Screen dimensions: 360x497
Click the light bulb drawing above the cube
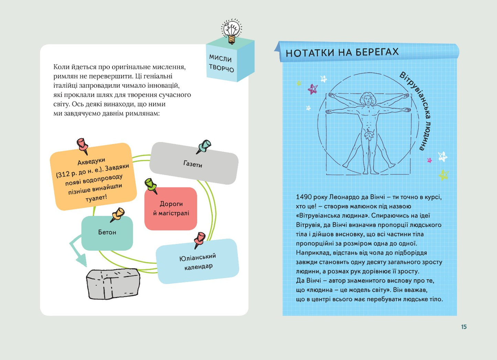tap(231, 31)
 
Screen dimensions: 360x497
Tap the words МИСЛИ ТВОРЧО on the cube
tap(222, 63)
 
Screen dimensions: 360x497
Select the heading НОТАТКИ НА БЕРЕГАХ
tap(342, 52)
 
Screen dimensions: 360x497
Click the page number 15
tap(464, 327)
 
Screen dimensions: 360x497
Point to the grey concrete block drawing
tap(113, 283)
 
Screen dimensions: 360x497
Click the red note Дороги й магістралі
tap(171, 209)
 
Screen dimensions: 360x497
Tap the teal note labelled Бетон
tap(107, 233)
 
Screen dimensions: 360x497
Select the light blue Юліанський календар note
tap(197, 262)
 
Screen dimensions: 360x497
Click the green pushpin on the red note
tap(151, 185)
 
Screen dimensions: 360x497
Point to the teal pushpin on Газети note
tap(204, 146)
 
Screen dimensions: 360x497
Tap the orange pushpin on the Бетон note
tap(118, 215)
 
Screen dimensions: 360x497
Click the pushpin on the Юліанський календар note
tap(199, 239)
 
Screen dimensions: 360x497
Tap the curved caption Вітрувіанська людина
tap(418, 110)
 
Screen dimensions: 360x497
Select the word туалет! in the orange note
tap(96, 198)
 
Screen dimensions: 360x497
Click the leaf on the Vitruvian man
tap(369, 135)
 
